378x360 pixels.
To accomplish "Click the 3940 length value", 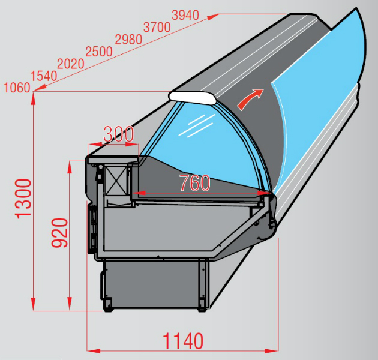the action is click(x=185, y=15).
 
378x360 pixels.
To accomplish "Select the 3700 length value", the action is click(x=157, y=27).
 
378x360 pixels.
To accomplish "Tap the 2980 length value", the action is click(x=128, y=40).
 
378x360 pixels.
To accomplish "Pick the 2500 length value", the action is click(x=99, y=52).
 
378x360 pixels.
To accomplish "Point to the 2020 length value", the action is click(x=71, y=64).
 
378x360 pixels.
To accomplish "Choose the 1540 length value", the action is click(x=44, y=76).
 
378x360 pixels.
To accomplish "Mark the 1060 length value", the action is click(x=17, y=88).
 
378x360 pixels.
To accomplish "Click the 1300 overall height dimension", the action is click(x=23, y=199).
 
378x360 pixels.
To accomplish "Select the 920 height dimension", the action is click(x=59, y=233).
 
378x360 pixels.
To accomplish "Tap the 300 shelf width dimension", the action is click(x=118, y=134).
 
